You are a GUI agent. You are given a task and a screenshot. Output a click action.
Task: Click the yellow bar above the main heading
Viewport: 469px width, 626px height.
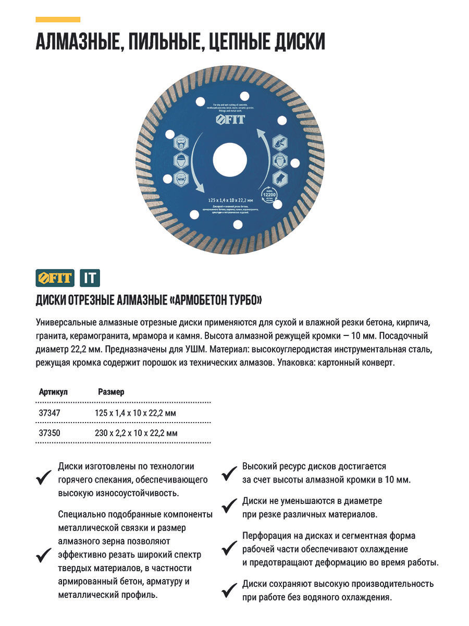(x=58, y=20)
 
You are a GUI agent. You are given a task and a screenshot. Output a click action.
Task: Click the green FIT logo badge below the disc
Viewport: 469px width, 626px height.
(x=55, y=278)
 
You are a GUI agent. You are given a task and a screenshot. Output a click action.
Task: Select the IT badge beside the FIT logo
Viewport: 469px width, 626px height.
(x=90, y=278)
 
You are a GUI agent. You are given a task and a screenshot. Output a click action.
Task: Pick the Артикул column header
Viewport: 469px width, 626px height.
(x=53, y=392)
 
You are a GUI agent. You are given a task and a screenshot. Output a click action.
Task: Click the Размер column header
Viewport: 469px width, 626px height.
(x=111, y=392)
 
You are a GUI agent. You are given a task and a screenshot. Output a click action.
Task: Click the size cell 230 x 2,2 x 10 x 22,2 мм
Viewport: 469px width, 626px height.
(x=136, y=433)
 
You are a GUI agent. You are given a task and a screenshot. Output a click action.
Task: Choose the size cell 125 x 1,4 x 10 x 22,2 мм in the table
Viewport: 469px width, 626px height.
(x=135, y=413)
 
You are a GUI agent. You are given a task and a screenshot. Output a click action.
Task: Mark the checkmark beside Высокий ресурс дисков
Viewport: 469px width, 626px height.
(x=229, y=474)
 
